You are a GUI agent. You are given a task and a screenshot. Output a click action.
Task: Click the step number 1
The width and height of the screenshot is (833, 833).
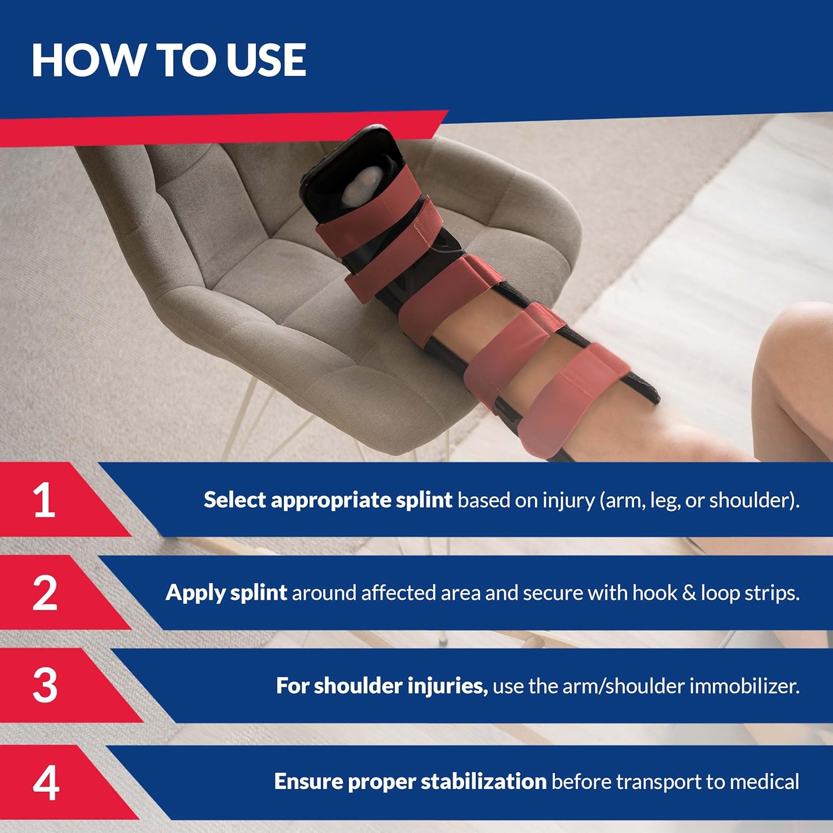pyautogui.click(x=44, y=500)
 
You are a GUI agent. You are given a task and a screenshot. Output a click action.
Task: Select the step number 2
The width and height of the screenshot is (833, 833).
pyautogui.click(x=44, y=593)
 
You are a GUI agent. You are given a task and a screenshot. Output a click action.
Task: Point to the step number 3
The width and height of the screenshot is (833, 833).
pyautogui.click(x=44, y=685)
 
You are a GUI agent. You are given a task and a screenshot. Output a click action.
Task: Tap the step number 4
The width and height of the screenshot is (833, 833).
pyautogui.click(x=46, y=782)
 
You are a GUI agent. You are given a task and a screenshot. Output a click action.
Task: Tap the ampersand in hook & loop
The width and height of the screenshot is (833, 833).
pyautogui.click(x=689, y=593)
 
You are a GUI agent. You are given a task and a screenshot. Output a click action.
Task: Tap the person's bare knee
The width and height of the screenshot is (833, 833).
pyautogui.click(x=800, y=355)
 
